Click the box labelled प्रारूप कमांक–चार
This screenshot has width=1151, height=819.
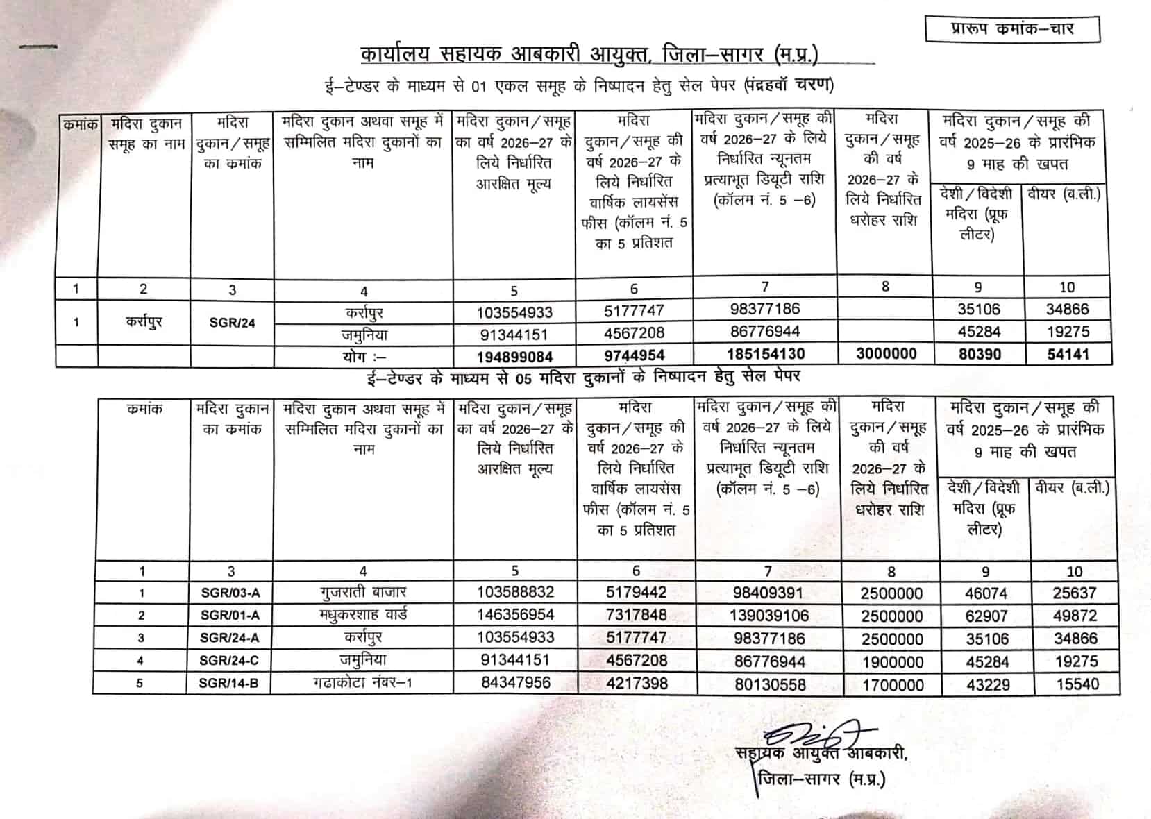click(x=1012, y=29)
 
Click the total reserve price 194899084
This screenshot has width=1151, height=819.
click(x=514, y=357)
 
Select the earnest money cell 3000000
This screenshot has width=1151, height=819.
click(x=886, y=354)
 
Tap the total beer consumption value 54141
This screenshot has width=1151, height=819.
click(x=1068, y=355)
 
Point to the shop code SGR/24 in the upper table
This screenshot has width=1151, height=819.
click(x=232, y=323)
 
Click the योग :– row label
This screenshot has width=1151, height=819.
click(x=364, y=357)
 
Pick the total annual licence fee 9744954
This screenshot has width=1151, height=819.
click(x=634, y=355)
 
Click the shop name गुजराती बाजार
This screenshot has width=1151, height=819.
click(x=363, y=593)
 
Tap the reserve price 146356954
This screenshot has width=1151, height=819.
click(x=515, y=615)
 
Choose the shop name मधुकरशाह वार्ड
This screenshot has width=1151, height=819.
click(x=363, y=615)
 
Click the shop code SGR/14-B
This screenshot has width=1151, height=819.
click(x=228, y=684)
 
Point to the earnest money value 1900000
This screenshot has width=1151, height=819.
click(x=892, y=662)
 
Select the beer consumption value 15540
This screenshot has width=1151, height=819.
click(x=1077, y=684)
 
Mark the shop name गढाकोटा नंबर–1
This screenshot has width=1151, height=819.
click(x=362, y=683)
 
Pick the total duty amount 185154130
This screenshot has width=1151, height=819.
click(x=766, y=354)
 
